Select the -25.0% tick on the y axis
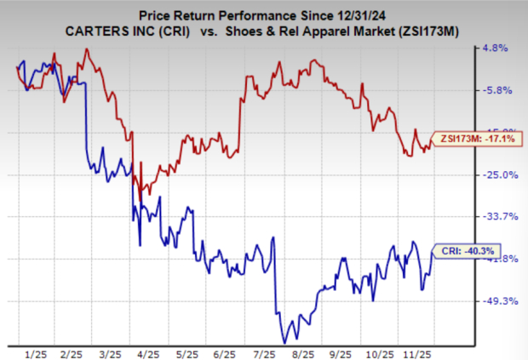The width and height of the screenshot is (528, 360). coord(498,174)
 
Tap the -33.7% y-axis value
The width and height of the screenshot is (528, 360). coord(498,216)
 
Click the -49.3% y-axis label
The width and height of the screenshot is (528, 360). coord(498,300)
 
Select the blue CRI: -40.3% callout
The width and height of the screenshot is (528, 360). coord(468,250)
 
